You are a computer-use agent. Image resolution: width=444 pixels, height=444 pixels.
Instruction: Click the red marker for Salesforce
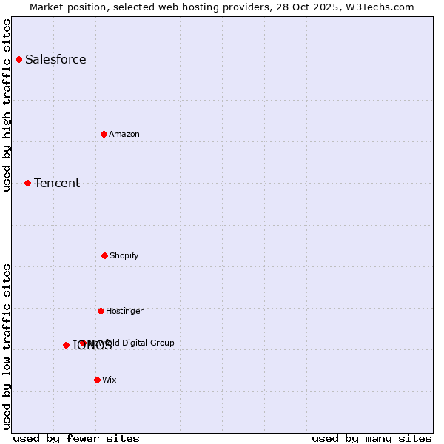tap(18, 59)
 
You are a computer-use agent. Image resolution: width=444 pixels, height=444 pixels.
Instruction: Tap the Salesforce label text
tap(55, 60)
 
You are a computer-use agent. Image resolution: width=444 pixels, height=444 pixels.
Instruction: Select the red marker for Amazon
tap(104, 134)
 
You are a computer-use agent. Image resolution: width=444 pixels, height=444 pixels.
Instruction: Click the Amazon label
tap(124, 135)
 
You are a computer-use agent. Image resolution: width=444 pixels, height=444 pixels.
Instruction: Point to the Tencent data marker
tap(27, 183)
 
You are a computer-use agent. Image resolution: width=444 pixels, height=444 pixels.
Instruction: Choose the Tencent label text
tap(57, 184)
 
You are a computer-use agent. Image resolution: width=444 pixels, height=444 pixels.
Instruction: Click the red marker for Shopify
tap(104, 255)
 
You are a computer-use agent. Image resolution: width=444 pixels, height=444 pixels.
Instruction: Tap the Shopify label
tap(124, 256)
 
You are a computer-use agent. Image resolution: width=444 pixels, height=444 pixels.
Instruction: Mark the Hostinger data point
tap(101, 311)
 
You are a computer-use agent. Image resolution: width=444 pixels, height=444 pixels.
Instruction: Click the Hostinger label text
tap(124, 312)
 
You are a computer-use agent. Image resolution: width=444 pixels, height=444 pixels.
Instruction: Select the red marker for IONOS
tap(66, 345)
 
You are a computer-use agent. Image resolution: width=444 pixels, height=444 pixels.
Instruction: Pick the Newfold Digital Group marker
tap(83, 343)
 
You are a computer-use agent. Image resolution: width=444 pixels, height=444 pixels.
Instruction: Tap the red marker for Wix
tap(97, 380)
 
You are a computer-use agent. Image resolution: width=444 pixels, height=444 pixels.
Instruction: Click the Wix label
tap(110, 380)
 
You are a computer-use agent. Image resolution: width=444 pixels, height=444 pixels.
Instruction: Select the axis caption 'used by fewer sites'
tap(76, 439)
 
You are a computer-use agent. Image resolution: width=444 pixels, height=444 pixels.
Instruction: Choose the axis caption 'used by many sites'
tap(371, 439)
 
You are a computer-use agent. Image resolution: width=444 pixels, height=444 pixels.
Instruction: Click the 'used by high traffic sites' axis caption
tap(7, 105)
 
